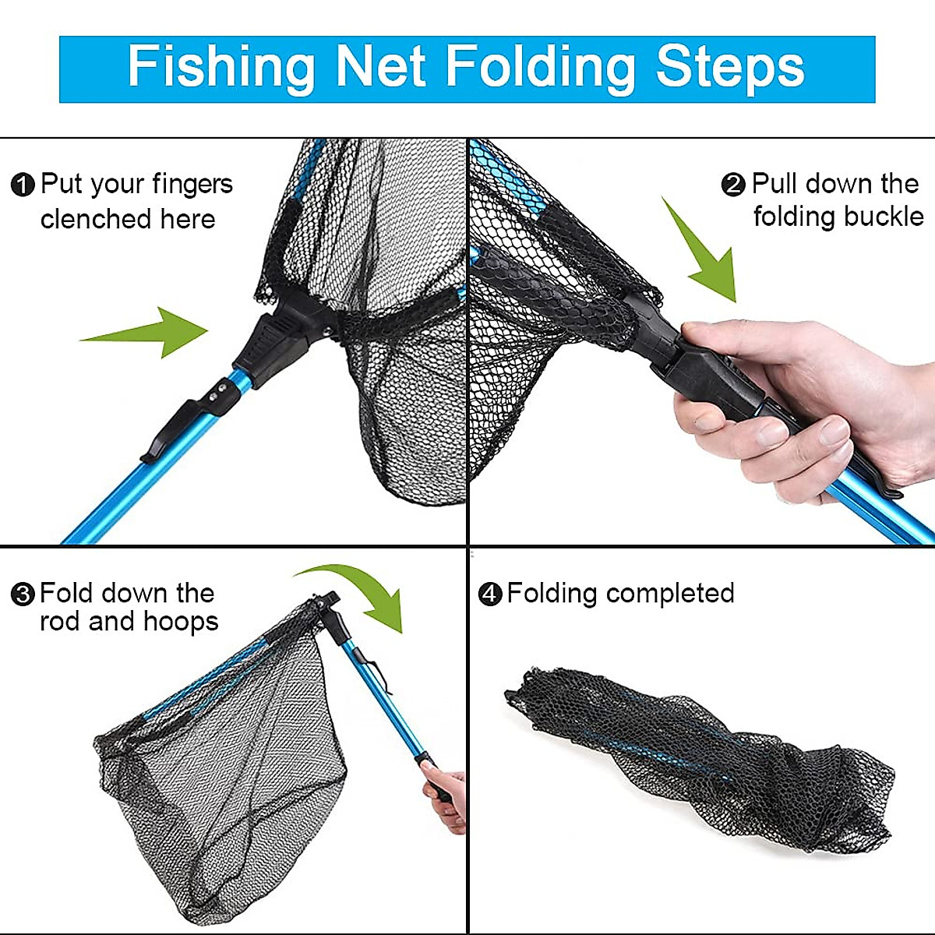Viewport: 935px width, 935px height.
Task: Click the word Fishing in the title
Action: pyautogui.click(x=221, y=67)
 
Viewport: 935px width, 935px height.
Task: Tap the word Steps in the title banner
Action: pyautogui.click(x=729, y=67)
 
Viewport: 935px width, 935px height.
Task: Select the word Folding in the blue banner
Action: pyautogui.click(x=543, y=67)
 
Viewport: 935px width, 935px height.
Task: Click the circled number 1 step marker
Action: pyautogui.click(x=23, y=185)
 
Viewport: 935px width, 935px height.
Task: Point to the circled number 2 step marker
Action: pyautogui.click(x=733, y=185)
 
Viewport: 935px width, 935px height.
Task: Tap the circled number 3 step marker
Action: pyautogui.click(x=23, y=595)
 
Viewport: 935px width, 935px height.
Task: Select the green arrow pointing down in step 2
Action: pyautogui.click(x=701, y=253)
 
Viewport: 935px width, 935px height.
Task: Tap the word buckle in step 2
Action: pyautogui.click(x=881, y=217)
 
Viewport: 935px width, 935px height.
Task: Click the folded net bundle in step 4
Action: pyautogui.click(x=693, y=752)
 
